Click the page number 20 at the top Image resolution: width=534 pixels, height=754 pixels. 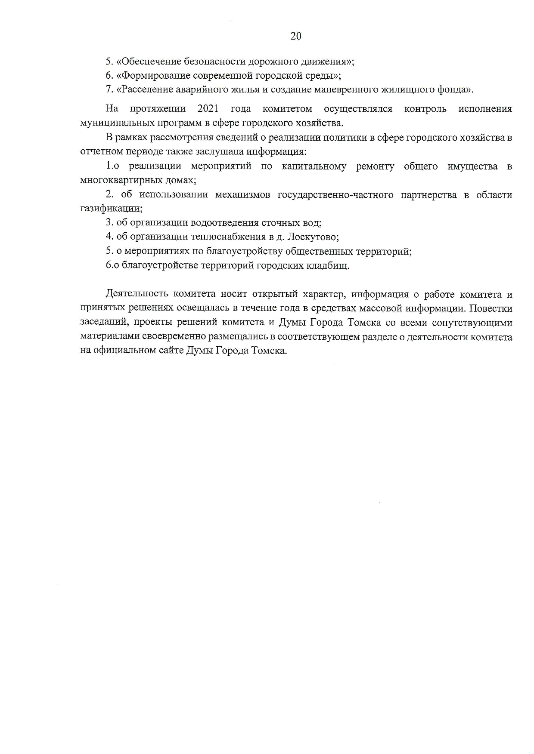pyautogui.click(x=296, y=36)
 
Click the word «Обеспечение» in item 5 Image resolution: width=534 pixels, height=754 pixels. pyautogui.click(x=149, y=62)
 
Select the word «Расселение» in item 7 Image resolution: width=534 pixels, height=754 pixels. pyautogui.click(x=146, y=90)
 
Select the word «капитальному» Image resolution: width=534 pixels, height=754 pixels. pyautogui.click(x=314, y=166)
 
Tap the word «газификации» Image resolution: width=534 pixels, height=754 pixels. pyautogui.click(x=110, y=209)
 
